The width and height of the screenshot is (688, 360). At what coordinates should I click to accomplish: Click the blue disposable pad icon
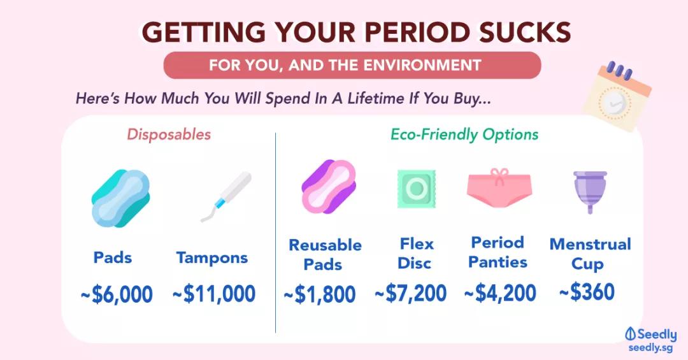(120, 198)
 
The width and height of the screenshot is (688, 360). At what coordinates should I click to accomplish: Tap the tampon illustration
(226, 197)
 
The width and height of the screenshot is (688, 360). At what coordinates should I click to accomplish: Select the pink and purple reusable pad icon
(329, 187)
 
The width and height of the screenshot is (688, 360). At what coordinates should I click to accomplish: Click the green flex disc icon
(417, 189)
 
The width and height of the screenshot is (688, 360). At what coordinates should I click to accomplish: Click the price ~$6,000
(117, 294)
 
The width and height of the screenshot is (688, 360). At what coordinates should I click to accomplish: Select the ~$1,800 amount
(320, 294)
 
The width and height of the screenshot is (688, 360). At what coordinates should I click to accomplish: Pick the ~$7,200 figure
(411, 293)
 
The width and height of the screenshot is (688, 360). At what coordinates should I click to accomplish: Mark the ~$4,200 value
(500, 293)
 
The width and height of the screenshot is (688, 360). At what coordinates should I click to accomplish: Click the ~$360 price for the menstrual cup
(587, 292)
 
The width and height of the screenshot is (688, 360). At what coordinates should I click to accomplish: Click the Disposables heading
(169, 134)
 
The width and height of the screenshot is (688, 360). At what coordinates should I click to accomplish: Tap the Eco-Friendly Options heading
(464, 134)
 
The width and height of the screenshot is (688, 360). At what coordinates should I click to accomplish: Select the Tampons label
(212, 257)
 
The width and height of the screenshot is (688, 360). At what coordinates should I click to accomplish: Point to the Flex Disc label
(415, 254)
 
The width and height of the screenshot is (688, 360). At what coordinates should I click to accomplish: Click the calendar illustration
(617, 97)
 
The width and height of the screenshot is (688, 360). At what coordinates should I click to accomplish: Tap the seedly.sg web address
(650, 348)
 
